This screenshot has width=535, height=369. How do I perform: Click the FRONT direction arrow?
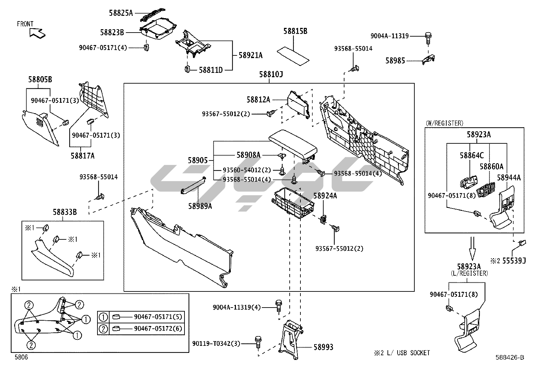point(37,33)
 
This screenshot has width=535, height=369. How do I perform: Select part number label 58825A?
point(121,13)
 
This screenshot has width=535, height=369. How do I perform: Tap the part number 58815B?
point(295,31)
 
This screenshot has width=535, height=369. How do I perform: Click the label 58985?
point(395,61)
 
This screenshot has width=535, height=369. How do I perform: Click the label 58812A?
point(258,99)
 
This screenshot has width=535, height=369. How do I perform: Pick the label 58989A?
point(200,206)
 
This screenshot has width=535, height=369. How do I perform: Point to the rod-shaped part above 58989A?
point(193,185)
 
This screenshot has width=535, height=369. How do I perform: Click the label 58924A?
point(325,196)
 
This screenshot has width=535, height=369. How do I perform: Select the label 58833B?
point(65,212)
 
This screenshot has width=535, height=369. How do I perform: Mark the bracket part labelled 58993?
point(290,339)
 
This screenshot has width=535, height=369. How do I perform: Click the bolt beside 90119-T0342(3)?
point(258,342)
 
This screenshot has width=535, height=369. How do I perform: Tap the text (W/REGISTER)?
point(444,123)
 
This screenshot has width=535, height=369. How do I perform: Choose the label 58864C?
point(472,155)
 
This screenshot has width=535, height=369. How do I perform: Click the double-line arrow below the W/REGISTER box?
point(472,247)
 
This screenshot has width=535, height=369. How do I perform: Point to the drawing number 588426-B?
point(509,358)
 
